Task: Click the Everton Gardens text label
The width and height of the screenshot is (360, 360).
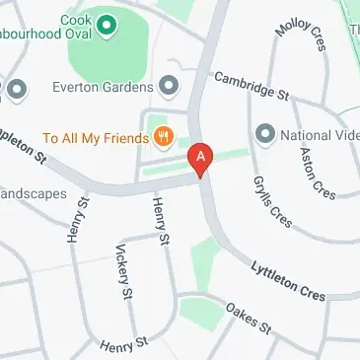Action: coord(109,85)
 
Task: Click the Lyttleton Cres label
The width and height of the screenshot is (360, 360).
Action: coord(287,279)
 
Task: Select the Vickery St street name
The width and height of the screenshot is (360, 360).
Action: coord(124,271)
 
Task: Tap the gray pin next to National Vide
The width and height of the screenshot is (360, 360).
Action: coord(264,133)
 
